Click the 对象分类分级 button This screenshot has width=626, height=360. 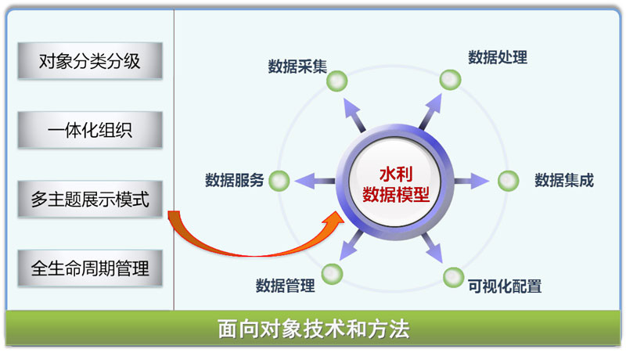click(x=90, y=61)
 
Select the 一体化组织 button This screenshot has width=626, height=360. click(x=90, y=130)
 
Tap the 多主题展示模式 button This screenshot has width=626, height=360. click(x=90, y=199)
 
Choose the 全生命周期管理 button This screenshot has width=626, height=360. click(x=90, y=268)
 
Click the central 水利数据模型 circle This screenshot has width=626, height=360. click(x=395, y=182)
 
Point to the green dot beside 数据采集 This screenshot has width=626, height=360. click(x=337, y=81)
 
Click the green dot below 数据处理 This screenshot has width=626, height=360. click(x=451, y=79)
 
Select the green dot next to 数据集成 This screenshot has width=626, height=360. click(x=508, y=181)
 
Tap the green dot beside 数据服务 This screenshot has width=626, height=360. click(x=279, y=181)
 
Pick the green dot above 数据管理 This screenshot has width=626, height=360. click(x=332, y=274)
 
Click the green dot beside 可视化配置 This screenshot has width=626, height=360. click(x=454, y=277)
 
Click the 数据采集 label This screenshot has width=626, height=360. click(x=297, y=67)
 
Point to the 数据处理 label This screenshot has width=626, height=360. click(x=498, y=57)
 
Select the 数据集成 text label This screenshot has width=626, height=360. click(x=564, y=180)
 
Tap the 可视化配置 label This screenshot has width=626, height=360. click(x=505, y=286)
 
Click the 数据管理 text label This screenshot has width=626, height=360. click(x=285, y=286)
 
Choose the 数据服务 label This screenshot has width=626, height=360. click(x=234, y=180)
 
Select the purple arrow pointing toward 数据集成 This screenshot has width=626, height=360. click(x=472, y=181)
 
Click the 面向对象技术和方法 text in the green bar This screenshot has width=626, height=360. click(x=314, y=329)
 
